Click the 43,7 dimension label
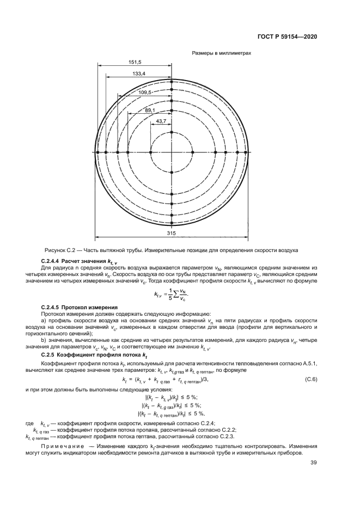161,121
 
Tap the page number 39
313,463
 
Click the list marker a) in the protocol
44,322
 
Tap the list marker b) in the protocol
44,340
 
